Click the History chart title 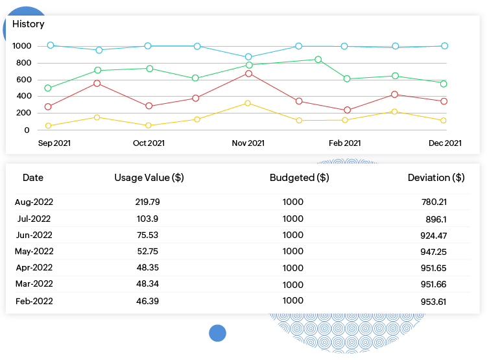point(29,24)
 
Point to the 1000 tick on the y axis point(21,46)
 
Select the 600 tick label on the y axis point(21,80)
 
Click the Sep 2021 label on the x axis point(54,143)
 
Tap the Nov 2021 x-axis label point(248,143)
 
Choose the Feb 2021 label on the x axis point(344,143)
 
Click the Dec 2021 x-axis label point(445,143)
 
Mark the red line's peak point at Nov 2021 point(248,73)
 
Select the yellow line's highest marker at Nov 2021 point(248,103)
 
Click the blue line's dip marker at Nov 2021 point(248,57)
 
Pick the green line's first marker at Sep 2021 point(48,88)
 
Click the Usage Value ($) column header point(149,178)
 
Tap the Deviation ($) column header point(436,178)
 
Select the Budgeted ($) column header point(299,178)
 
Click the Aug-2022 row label point(33,202)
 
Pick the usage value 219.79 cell point(148,202)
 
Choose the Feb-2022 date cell point(34,301)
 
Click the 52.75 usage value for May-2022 point(148,252)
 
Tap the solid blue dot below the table point(217,333)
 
